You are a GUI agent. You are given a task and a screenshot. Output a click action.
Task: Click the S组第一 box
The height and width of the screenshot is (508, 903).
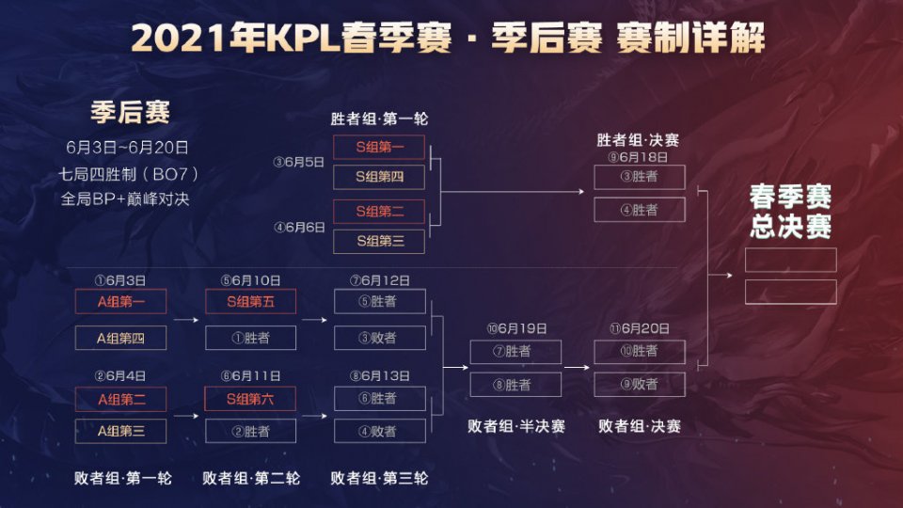pos(379,148)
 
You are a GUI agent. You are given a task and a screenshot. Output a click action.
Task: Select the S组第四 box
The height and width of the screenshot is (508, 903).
pos(379,178)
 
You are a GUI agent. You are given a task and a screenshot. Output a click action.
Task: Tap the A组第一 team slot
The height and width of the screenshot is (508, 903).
pos(121,301)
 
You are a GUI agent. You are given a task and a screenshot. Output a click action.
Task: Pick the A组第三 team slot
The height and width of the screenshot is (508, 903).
pos(121,432)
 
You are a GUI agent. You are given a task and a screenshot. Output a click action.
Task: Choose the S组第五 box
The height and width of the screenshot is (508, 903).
pos(250,301)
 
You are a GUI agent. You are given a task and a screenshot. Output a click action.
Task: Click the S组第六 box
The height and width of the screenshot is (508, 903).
pos(250,399)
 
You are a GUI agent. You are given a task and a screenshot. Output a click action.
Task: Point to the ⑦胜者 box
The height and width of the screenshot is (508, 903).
pos(515,351)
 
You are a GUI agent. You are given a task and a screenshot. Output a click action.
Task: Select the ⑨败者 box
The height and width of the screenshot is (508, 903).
pos(640,384)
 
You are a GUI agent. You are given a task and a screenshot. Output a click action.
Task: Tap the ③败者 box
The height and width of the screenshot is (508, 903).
pos(379,338)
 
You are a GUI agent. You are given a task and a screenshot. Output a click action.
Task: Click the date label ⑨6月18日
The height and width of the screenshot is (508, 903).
pos(638,157)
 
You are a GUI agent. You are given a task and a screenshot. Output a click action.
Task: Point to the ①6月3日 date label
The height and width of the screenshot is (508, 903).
pos(120,280)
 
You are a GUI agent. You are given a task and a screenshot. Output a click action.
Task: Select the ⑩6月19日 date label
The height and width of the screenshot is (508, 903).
pos(516,329)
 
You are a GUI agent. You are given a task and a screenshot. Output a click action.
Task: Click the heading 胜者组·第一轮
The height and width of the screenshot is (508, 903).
pos(379,119)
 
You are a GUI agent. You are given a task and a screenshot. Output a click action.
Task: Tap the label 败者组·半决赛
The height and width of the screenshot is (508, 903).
pos(516,426)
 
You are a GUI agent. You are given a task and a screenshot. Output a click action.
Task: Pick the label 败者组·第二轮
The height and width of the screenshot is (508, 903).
pos(251,478)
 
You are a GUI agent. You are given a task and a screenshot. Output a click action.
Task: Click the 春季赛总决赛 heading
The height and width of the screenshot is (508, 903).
pos(790,212)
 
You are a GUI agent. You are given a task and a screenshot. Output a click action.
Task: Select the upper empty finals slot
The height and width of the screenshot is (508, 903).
pos(791,260)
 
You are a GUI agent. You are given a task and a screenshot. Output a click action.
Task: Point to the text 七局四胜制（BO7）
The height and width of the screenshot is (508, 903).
pos(128,174)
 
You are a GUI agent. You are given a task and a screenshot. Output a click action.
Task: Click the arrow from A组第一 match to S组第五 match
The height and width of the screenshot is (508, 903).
pos(186,320)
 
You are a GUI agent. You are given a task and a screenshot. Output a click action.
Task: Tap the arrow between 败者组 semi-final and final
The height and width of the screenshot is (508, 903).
pos(577,368)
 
